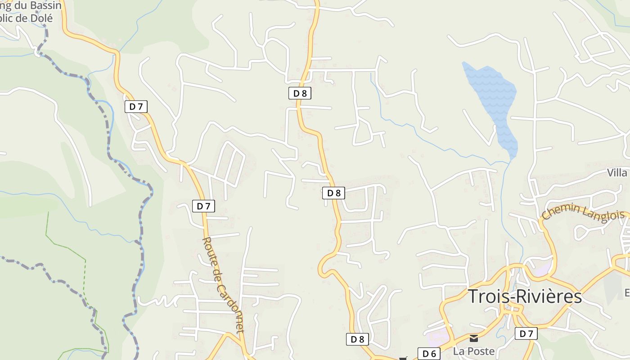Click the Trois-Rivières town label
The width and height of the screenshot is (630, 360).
pos(525,297)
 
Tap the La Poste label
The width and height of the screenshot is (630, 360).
pos(474,351)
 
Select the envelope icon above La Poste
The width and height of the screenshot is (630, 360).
pos(474,338)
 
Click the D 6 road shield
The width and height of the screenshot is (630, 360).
pos(429,354)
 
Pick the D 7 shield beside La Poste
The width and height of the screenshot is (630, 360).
pos(526,333)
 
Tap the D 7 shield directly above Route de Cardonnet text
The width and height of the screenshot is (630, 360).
pos(204,206)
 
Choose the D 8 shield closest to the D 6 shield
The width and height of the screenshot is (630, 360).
pos(357,339)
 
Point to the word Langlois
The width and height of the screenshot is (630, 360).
pos(603,211)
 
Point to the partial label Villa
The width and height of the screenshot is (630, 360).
pos(617,173)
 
